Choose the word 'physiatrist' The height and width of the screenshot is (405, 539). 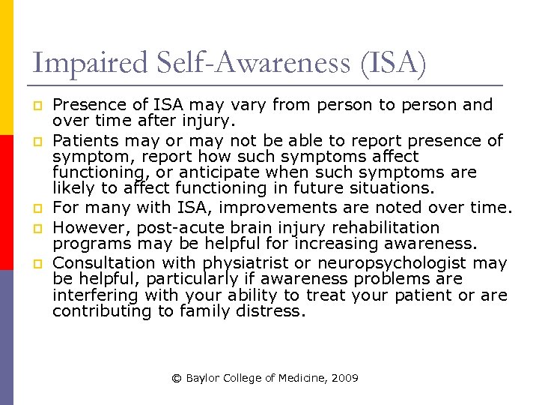coord(249,263)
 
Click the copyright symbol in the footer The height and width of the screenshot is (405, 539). coord(177,379)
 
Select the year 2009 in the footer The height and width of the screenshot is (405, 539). coord(344,379)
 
